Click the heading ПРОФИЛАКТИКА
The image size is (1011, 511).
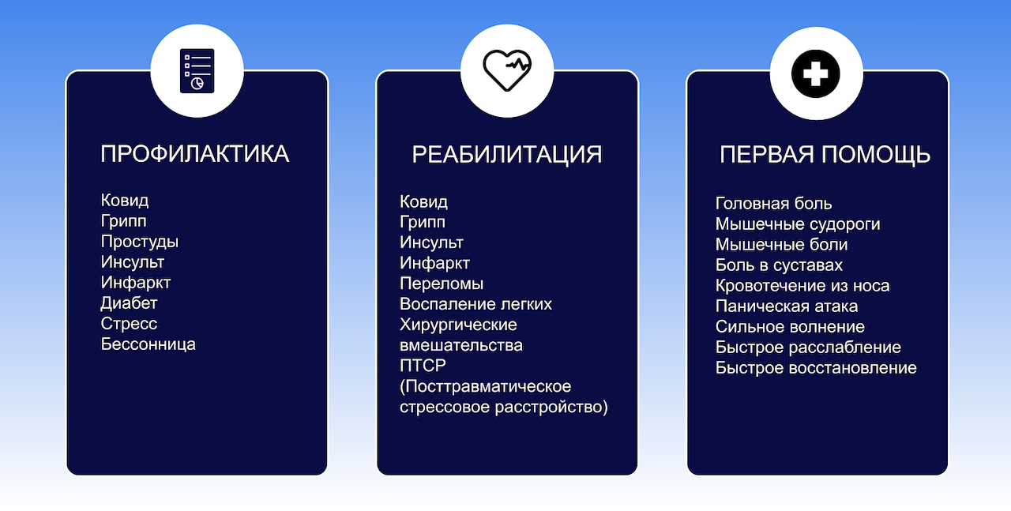(x=194, y=154)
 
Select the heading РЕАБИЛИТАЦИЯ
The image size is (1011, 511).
(x=507, y=155)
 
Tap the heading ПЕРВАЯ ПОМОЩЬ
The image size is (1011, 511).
(x=825, y=155)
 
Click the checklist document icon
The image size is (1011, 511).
(x=197, y=71)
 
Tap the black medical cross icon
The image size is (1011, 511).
(x=816, y=74)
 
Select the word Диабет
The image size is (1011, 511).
(x=129, y=303)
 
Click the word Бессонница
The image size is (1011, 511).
(x=148, y=344)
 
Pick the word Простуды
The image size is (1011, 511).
(x=140, y=242)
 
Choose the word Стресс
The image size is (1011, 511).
(x=129, y=324)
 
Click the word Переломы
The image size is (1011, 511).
(x=442, y=284)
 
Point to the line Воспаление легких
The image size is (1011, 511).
(x=475, y=304)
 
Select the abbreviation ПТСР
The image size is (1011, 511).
(x=423, y=365)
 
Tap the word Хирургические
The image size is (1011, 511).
(x=458, y=325)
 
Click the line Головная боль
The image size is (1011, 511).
(x=773, y=204)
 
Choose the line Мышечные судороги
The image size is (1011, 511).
(x=798, y=224)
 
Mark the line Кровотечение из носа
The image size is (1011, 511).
(x=802, y=286)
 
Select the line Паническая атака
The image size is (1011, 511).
(x=787, y=306)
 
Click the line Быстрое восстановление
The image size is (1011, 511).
(x=816, y=368)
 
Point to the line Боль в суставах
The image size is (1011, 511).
(x=779, y=265)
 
